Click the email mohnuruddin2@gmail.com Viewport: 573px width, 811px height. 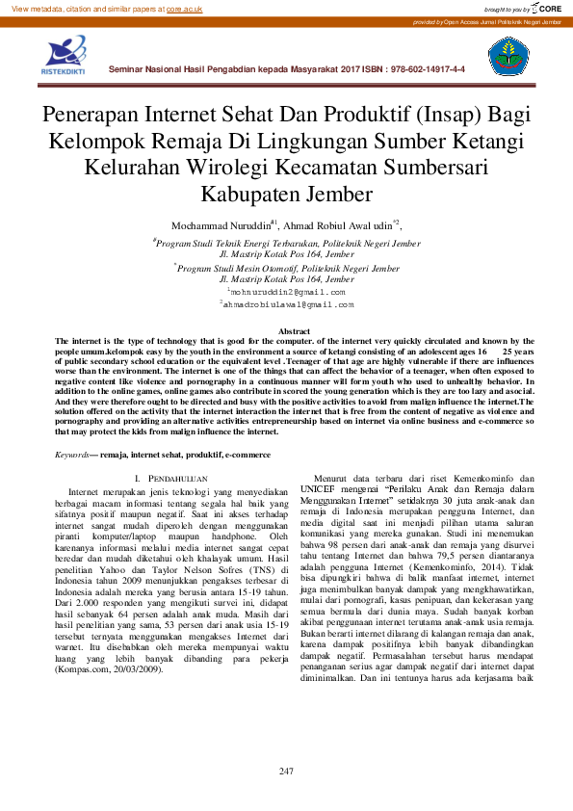click(287, 290)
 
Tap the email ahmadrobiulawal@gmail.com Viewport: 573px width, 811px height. click(288, 303)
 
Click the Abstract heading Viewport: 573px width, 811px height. click(286, 332)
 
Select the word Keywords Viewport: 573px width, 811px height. click(72, 453)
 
